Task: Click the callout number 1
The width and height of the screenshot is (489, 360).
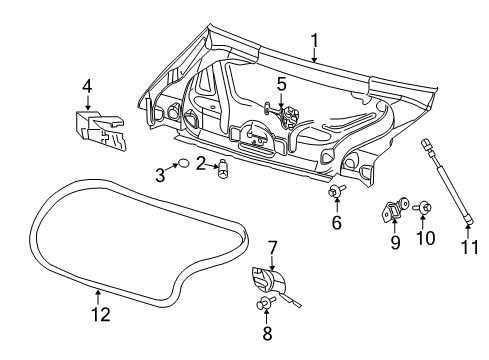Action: pos(314,41)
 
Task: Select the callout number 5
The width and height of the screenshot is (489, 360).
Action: pos(282,84)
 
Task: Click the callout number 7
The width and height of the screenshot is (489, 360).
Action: pos(272,246)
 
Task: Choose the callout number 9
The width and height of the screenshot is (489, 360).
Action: pos(394,241)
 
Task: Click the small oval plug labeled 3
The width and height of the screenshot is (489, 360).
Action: pos(183,163)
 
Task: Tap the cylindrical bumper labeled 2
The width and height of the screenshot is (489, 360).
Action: pos(223,167)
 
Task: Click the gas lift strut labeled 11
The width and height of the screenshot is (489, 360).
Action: pos(443,180)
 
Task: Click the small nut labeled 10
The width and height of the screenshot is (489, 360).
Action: pos(425,208)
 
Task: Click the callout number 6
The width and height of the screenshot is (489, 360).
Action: pos(336,223)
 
